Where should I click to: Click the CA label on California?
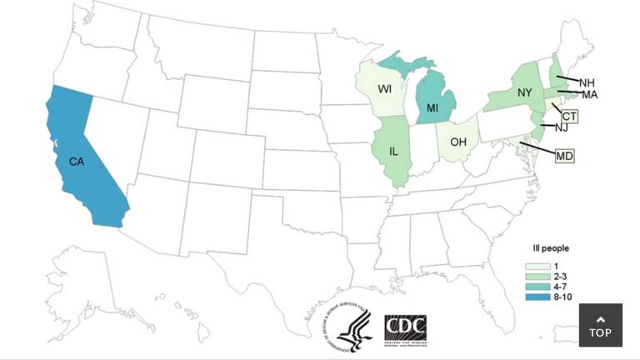coord(74,161)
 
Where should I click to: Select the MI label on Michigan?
coord(432,108)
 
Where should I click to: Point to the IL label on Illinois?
coord(392,151)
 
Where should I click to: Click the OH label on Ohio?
coord(459,142)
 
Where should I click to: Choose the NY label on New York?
coord(524,92)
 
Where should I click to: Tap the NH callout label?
coord(587,82)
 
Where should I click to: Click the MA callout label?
coord(590,95)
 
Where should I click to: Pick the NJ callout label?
coord(561,128)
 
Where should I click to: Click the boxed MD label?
coord(565,155)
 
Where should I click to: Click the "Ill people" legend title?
coord(551,248)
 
